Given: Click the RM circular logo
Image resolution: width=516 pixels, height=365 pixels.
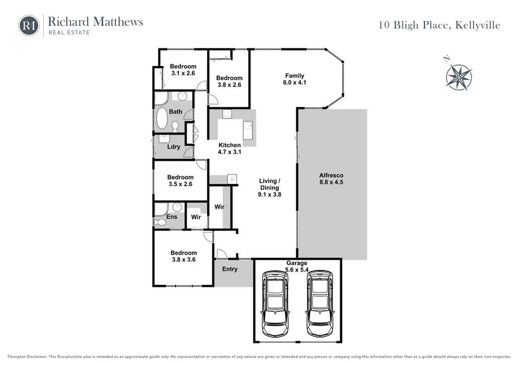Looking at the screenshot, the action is click(29, 26).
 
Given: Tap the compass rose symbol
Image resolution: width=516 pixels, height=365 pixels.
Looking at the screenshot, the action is click(459, 77).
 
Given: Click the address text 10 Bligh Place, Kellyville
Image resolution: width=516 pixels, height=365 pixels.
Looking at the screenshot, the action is click(439, 25).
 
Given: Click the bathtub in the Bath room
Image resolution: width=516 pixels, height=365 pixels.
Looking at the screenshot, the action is click(162, 118).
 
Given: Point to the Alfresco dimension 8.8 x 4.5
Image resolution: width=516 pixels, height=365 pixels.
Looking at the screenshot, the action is click(331, 182).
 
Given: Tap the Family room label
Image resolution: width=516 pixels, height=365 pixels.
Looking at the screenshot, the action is click(294, 76).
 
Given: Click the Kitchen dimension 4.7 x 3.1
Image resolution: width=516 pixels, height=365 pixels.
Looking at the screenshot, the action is click(229, 152).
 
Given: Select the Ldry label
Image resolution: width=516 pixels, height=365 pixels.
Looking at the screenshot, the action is click(173, 147).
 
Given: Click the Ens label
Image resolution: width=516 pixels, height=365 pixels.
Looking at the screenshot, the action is click(172, 217).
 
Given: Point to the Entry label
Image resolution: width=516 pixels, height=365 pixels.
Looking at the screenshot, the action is click(230, 269).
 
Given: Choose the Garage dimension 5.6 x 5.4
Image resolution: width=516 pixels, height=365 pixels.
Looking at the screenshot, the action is click(296, 270).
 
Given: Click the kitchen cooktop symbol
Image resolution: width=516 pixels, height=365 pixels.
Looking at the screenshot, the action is click(227, 114).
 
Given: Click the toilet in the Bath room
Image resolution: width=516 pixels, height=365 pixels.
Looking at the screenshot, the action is click(175, 126).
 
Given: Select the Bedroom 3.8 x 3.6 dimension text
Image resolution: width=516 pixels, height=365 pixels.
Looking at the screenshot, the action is click(183, 259).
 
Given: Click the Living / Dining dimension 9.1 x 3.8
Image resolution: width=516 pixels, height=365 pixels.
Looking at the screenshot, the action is click(270, 195).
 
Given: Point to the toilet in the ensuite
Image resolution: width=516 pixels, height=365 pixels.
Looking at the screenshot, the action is click(160, 222).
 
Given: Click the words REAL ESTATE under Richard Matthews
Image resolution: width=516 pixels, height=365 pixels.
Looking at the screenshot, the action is click(69, 32).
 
